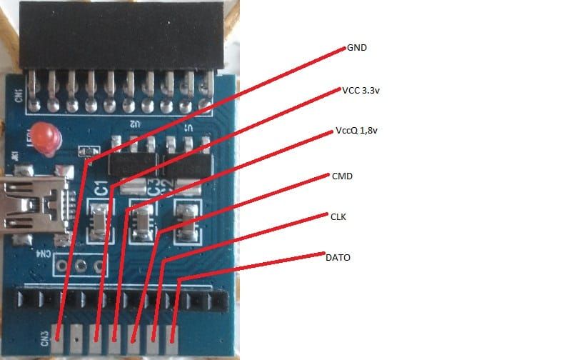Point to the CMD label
tap(342, 175)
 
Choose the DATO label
tap(338, 256)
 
